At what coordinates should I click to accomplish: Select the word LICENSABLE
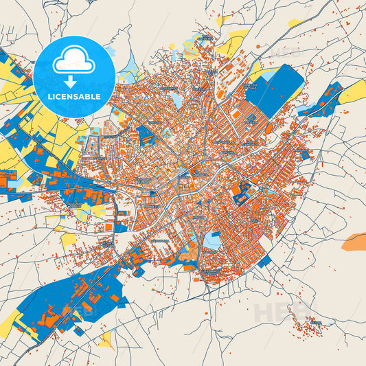pos(73,97)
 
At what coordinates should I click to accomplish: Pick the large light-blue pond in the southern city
pos(213,241)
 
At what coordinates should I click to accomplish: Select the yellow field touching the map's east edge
pos(354,91)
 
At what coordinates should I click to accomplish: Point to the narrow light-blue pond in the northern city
pos(178,100)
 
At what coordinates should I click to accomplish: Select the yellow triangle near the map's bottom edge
pos(106,339)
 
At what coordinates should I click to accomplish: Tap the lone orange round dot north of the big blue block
pos(258,46)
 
